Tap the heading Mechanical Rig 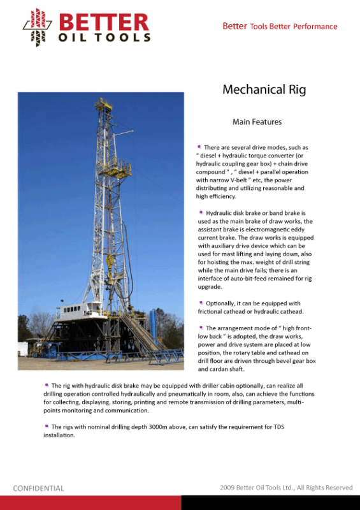click(264, 90)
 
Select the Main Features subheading click(257, 122)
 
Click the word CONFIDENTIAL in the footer click(39, 488)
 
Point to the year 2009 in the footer click(227, 488)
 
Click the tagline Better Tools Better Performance click(280, 27)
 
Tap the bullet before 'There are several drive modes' click(199, 147)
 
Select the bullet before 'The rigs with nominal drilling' click(47, 426)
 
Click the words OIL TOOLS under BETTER click(104, 37)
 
